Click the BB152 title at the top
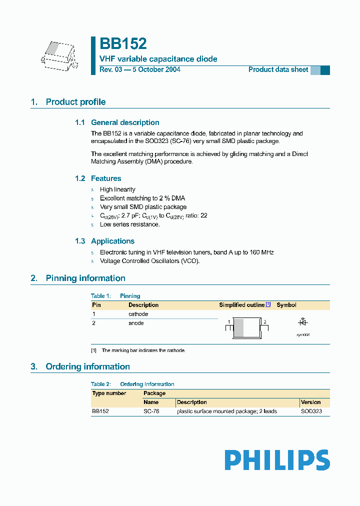point(123,44)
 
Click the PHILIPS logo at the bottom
point(277,460)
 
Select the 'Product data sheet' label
point(278,69)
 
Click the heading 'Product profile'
point(75,102)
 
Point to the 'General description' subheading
point(125,122)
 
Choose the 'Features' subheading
point(106,178)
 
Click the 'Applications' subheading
point(112,241)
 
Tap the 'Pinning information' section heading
point(85,278)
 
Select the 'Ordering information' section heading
point(87,366)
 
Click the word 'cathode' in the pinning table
point(138,314)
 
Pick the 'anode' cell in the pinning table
point(136,323)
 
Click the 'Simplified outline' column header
point(242,305)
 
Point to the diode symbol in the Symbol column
point(302,322)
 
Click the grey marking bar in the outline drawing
point(239,328)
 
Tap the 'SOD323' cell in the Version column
point(311,411)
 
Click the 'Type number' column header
point(109,393)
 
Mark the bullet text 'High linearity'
point(117,189)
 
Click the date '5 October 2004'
point(156,69)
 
